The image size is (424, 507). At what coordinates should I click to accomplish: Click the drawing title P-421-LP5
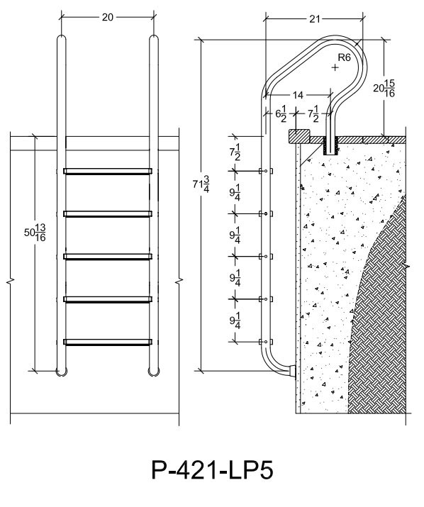pos(212,470)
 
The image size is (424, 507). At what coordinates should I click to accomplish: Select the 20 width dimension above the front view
pos(108,17)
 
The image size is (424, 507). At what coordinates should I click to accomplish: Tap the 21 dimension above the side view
pos(314,19)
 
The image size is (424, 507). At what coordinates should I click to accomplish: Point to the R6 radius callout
pos(344,57)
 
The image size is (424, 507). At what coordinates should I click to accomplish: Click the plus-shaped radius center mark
pos(335,67)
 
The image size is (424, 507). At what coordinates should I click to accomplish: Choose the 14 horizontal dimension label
pos(298,95)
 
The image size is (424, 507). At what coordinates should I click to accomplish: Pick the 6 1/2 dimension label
pos(281,114)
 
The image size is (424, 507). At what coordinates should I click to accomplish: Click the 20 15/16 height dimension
pos(384,88)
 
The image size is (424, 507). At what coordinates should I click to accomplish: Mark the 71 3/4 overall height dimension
pos(201,184)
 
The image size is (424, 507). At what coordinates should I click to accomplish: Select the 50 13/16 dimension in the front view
pos(35,233)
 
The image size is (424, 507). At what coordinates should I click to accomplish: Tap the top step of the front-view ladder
pos(108,172)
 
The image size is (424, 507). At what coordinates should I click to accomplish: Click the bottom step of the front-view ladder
pos(108,342)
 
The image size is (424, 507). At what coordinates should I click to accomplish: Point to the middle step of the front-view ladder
pos(108,257)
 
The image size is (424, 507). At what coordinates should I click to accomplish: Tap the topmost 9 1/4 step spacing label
pos(235,193)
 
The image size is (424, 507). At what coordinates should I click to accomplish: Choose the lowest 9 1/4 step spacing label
pos(235,321)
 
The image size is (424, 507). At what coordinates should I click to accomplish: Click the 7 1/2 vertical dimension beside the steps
pos(235,152)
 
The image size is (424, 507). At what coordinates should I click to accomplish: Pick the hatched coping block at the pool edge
pos(299,136)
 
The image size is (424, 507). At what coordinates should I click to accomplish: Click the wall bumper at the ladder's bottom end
pos(293,371)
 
